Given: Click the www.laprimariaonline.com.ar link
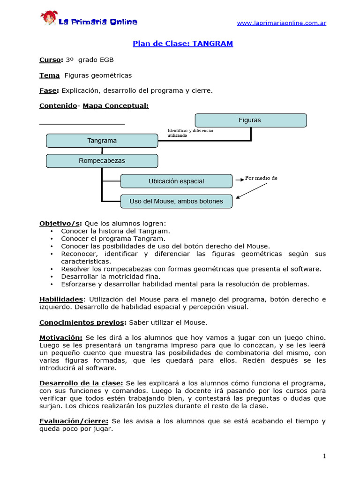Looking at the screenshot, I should click(281, 23).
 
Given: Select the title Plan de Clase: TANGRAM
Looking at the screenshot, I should click(183, 44).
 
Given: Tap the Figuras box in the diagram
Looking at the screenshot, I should click(250, 120).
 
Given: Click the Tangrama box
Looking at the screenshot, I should click(102, 141).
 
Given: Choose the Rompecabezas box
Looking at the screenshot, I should click(102, 161).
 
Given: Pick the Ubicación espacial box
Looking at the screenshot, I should click(176, 181).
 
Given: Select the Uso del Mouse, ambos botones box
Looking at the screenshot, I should click(176, 202).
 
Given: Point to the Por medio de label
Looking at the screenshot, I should click(261, 178).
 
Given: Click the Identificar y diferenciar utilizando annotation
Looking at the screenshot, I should click(190, 133).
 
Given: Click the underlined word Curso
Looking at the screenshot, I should click(50, 60).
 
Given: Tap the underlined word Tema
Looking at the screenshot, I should click(49, 75).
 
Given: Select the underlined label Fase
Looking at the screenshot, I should click(48, 90).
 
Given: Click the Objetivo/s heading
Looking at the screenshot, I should click(60, 224).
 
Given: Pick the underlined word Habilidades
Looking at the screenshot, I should click(61, 299).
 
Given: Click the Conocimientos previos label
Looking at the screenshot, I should click(82, 322).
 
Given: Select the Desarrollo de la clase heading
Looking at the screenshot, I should click(81, 383).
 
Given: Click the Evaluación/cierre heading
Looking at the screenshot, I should click(74, 421).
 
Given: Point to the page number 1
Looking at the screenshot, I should click(324, 456).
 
